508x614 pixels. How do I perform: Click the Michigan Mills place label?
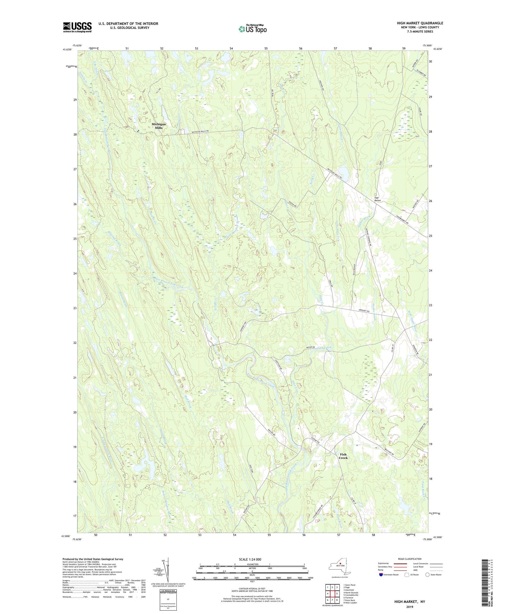pos(158,126)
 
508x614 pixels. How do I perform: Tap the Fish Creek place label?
pos(343,456)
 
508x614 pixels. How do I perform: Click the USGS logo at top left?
pos(77,27)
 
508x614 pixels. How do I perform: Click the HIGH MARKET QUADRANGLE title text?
pos(420,23)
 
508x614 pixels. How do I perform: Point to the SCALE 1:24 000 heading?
pos(252,559)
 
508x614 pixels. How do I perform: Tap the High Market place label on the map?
pos(378,199)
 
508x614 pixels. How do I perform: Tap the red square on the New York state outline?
pos(340,564)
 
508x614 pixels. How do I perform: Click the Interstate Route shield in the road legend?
pos(381,574)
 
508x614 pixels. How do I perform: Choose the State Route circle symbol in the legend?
pos(427,574)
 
